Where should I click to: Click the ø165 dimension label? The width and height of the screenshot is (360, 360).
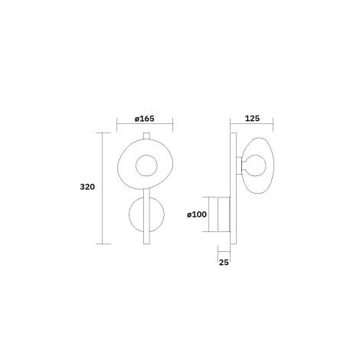point(145,119)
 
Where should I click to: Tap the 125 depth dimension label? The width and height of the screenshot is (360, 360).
point(254,119)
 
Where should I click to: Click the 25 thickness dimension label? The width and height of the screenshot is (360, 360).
point(224,263)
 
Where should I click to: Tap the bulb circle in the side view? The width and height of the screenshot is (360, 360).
point(257,165)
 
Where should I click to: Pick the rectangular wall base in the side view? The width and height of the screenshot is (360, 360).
point(224,214)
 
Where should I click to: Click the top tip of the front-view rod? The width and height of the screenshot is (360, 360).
point(145,134)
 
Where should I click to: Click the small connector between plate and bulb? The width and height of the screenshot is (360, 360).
point(241,165)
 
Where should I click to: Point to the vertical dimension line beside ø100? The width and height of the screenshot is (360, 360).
point(211,214)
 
